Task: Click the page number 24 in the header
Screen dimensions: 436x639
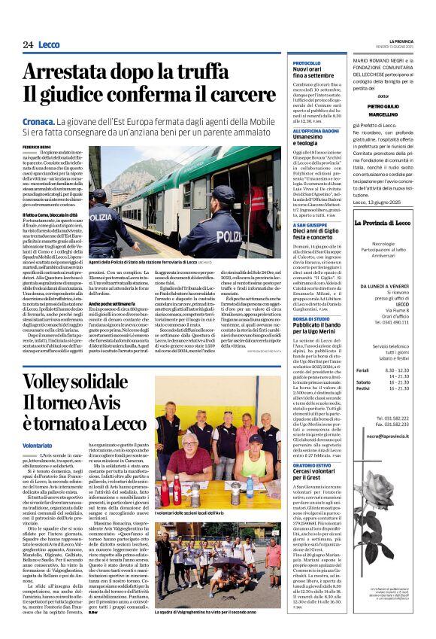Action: click(x=28, y=45)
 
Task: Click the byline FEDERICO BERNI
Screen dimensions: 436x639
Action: click(x=37, y=145)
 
